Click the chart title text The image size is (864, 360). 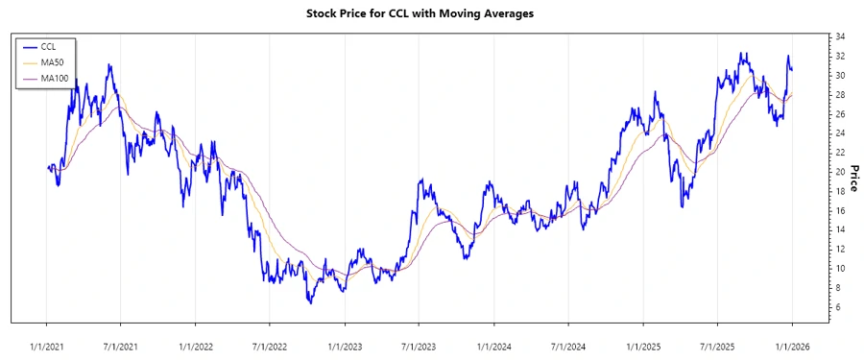pyautogui.click(x=432, y=13)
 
